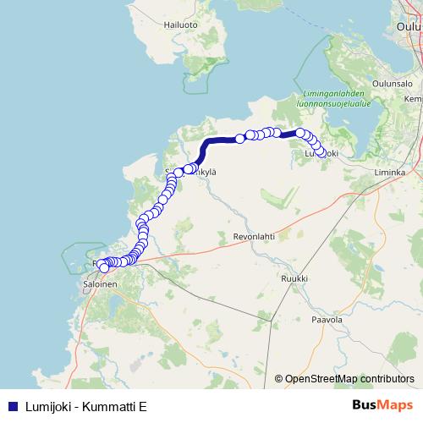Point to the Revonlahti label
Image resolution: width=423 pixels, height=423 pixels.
[x=255, y=239]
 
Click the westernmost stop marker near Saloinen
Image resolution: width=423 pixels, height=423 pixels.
[x=104, y=268]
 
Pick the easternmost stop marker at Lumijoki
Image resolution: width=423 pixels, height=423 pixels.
[x=321, y=153]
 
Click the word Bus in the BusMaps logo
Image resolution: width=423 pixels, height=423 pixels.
[x=365, y=404]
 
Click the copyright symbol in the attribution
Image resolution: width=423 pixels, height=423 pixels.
[x=278, y=380]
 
